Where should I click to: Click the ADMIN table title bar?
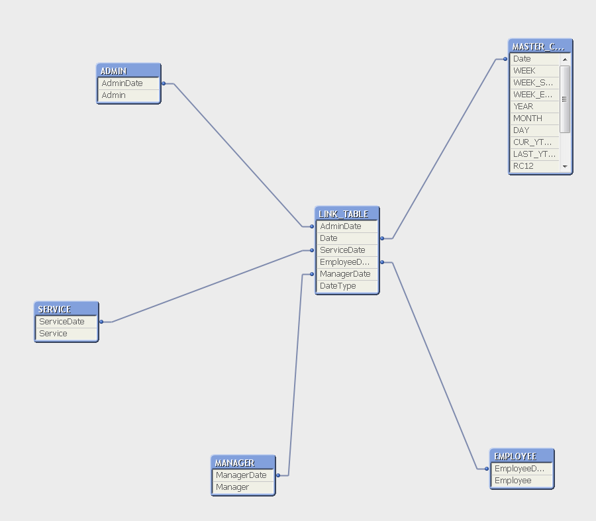pyautogui.click(x=128, y=71)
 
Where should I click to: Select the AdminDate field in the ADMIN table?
pyautogui.click(x=128, y=83)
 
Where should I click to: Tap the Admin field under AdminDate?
pyautogui.click(x=128, y=95)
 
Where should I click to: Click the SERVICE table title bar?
pyautogui.click(x=66, y=309)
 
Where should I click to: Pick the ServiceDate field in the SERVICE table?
pyautogui.click(x=66, y=322)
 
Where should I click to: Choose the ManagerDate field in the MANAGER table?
pyautogui.click(x=243, y=475)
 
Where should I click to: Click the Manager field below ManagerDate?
pyautogui.click(x=243, y=487)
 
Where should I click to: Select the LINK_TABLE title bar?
pyautogui.click(x=347, y=214)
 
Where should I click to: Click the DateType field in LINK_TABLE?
pyautogui.click(x=347, y=286)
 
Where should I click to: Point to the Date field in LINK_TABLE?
pyautogui.click(x=347, y=238)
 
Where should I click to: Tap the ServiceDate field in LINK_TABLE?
pyautogui.click(x=347, y=250)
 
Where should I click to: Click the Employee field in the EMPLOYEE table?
pyautogui.click(x=522, y=481)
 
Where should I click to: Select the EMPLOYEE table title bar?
pyautogui.click(x=522, y=456)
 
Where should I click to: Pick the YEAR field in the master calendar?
pyautogui.click(x=534, y=107)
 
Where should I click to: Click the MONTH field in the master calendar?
pyautogui.click(x=534, y=118)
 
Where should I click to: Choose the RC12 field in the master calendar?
pyautogui.click(x=534, y=166)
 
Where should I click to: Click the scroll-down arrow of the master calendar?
pyautogui.click(x=565, y=166)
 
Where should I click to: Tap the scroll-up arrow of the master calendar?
pyautogui.click(x=565, y=60)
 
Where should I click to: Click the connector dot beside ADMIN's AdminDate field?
pyautogui.click(x=164, y=83)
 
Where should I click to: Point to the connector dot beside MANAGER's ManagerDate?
pyautogui.click(x=278, y=475)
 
